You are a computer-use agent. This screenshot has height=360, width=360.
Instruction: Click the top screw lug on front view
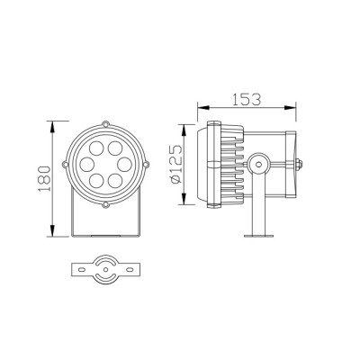click(x=105, y=125)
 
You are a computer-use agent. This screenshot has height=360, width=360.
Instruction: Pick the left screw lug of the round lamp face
click(x=65, y=165)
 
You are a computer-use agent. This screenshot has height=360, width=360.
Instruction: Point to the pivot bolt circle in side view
click(x=258, y=164)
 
